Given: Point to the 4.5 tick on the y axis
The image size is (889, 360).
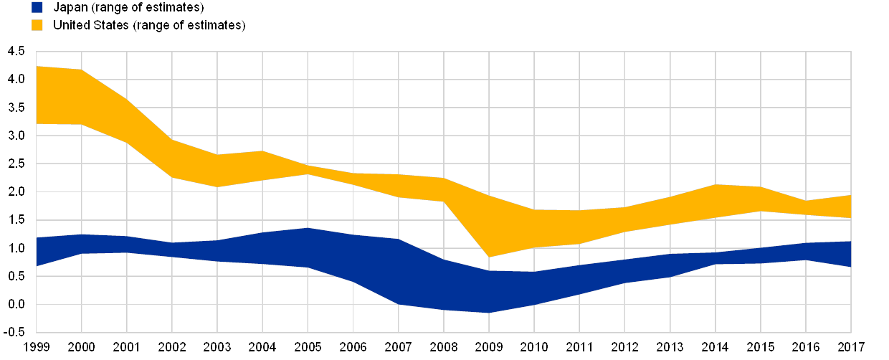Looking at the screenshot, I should coord(17,52).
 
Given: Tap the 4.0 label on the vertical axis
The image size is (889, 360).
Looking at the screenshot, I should coord(17,80).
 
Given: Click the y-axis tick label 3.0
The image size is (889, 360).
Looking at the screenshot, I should coord(17,136).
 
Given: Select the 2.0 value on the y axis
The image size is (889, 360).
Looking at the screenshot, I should coord(17,191).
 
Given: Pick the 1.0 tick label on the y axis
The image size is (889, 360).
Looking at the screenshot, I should coord(17,248).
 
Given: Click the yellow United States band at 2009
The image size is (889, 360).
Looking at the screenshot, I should coord(489,226).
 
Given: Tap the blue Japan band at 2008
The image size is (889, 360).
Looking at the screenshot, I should coord(444,285).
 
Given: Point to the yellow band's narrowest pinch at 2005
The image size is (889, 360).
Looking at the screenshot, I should coord(308,170).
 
